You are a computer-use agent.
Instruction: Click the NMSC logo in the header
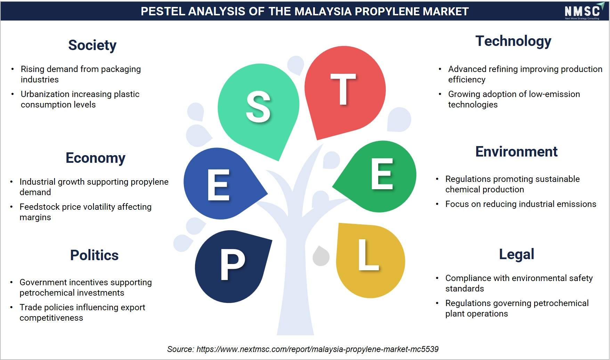(582, 11)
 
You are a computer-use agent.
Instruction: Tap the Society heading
(92, 46)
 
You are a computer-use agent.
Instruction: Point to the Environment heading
(517, 152)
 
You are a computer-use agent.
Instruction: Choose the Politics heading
(95, 255)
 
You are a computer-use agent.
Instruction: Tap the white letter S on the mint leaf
(258, 107)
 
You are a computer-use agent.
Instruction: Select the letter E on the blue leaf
(219, 185)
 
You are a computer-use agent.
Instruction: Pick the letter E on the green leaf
(382, 174)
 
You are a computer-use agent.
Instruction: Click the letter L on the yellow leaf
(368, 255)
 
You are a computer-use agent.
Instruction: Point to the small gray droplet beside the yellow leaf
(321, 256)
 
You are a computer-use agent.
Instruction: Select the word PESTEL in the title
(163, 11)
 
